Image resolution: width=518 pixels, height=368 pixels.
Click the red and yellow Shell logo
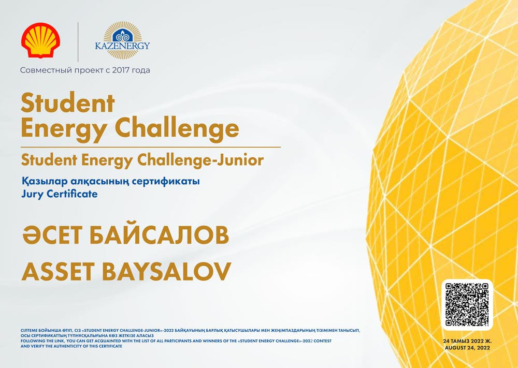tap(40, 40)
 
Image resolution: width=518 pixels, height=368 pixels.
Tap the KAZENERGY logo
tap(122, 40)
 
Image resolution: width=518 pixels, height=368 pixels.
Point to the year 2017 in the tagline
tap(121, 70)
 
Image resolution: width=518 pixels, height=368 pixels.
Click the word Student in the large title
tap(68, 104)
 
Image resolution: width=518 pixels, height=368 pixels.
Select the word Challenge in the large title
tap(177, 129)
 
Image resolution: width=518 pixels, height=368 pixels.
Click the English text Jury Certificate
tap(60, 194)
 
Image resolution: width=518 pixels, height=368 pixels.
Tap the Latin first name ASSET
tap(59, 271)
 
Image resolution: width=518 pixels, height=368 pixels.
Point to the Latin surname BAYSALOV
tap(166, 271)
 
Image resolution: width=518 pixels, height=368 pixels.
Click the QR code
tap(467, 305)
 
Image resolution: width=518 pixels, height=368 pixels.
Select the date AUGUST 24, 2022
tap(467, 348)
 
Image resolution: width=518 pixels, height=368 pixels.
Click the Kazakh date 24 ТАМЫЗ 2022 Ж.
tap(467, 341)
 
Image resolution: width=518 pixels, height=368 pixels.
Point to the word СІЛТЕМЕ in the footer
tap(29, 330)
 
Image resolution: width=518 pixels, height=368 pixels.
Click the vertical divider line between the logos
tap(78, 42)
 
